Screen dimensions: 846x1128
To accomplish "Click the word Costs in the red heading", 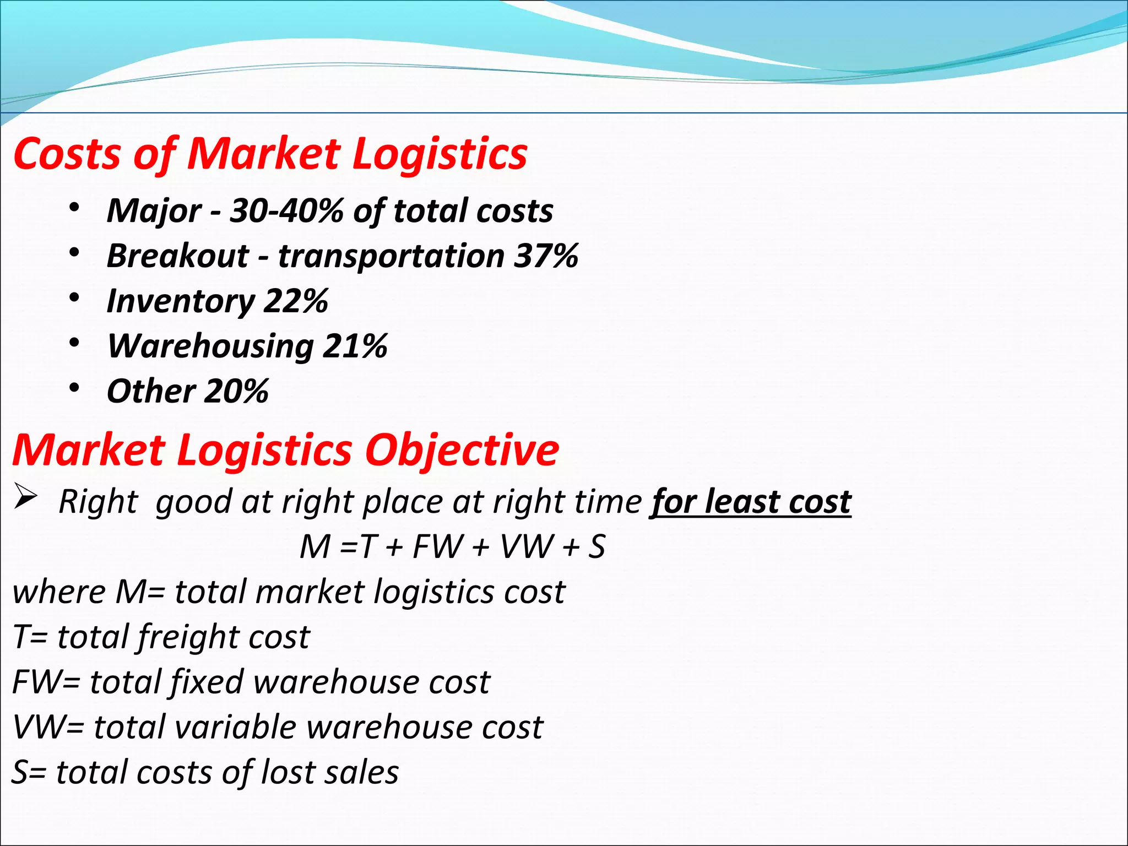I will click(x=67, y=154).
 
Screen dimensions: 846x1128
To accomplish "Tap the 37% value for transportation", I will click(x=546, y=256).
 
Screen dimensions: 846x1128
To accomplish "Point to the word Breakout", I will click(x=178, y=256).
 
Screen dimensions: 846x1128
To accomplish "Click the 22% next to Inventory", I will click(x=296, y=301).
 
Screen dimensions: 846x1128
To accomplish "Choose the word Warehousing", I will click(x=210, y=346).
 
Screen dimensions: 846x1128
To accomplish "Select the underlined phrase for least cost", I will click(x=751, y=502).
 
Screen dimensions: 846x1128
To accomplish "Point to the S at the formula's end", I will click(x=597, y=546).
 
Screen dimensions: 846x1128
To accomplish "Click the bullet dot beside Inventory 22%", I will click(x=75, y=298).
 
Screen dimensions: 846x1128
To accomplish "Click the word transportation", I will click(x=391, y=256).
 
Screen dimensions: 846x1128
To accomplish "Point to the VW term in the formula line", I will click(x=525, y=546).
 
